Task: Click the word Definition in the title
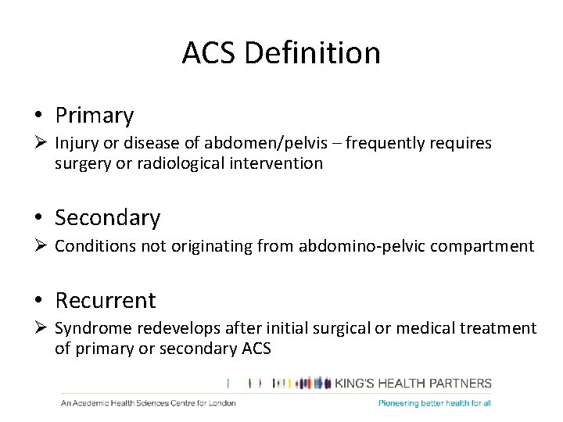point(312,53)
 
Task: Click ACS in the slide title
point(209,53)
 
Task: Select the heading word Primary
point(94,116)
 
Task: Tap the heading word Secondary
point(107,217)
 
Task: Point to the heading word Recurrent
point(105,300)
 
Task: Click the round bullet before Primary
point(38,116)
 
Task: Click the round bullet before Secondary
point(38,218)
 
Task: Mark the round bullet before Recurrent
point(38,301)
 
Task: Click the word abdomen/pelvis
point(256,143)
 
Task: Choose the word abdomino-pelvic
point(350,246)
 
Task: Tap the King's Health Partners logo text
point(414,383)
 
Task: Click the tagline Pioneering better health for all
point(435,403)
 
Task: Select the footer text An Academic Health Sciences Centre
point(148,403)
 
